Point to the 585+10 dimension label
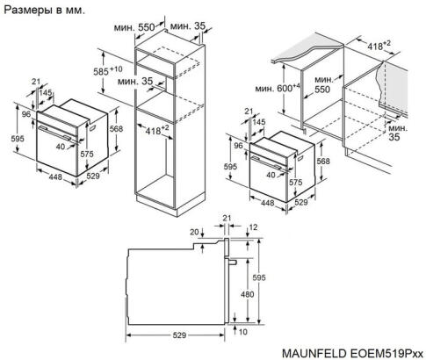point(110,69)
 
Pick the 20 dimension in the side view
point(194,233)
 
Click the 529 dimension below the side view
point(179,335)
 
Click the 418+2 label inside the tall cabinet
point(157,131)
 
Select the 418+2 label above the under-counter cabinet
point(379,43)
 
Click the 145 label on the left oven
point(46,93)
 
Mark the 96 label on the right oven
point(238,146)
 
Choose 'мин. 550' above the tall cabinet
point(141,28)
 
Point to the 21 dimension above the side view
point(227,218)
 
